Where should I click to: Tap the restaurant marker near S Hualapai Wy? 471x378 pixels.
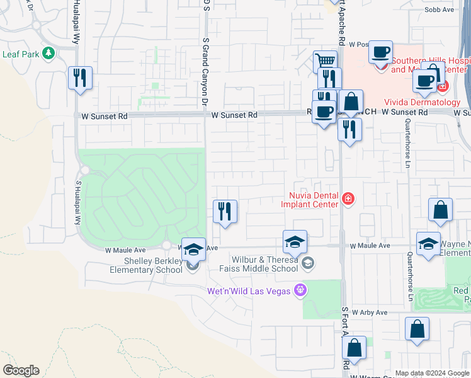tap(80, 78)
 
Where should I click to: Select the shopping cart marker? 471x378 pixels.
tap(325, 62)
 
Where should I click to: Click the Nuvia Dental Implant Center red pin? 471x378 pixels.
tap(347, 200)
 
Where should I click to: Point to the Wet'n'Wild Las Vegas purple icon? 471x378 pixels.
tap(301, 290)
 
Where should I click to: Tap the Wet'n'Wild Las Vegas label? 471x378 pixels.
tap(249, 291)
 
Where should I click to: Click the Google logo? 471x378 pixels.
tap(21, 370)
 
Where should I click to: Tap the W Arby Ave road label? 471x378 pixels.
tap(370, 312)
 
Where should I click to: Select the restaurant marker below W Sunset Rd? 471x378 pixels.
tap(349, 130)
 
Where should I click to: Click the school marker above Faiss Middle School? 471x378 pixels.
tap(295, 241)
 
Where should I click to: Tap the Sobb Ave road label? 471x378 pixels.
tap(439, 9)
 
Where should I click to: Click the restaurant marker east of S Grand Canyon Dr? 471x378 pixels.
tap(225, 212)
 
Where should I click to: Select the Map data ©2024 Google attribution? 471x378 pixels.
tap(431, 373)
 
